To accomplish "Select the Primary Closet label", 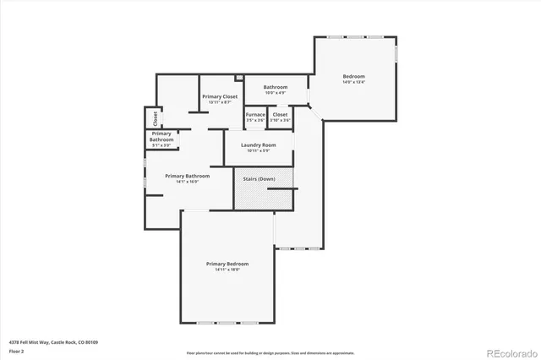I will [220, 96].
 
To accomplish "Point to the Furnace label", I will [255, 114].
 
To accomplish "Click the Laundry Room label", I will [258, 145].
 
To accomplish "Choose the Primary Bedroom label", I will [227, 264].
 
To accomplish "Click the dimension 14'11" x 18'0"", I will [227, 270].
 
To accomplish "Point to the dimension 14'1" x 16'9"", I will [187, 182].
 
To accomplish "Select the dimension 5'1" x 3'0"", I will [161, 145].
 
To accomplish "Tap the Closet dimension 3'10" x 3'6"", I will [280, 120].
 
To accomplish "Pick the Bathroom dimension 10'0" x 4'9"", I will [276, 92].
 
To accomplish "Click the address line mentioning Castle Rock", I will [53, 341].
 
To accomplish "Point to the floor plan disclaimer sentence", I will [270, 352].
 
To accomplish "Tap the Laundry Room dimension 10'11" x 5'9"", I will [258, 150].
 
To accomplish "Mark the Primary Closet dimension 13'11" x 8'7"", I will [220, 102].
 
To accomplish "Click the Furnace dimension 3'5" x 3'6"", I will [255, 120].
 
